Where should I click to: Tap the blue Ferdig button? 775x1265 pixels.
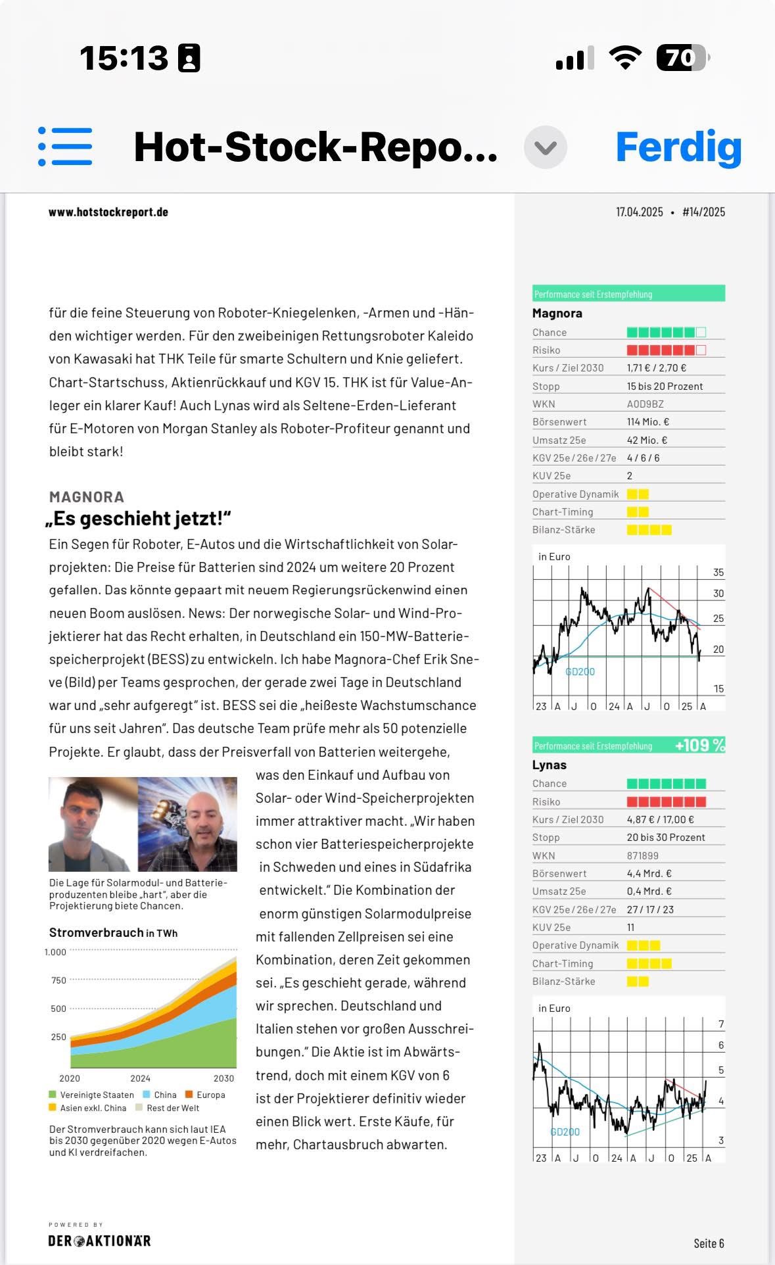(x=678, y=147)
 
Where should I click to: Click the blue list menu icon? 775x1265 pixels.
(x=65, y=146)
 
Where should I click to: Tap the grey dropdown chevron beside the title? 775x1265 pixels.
(x=546, y=147)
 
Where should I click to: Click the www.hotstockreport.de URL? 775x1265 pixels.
(x=108, y=212)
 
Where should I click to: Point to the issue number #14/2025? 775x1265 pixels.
(x=703, y=212)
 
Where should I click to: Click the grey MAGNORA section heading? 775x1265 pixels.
(x=86, y=497)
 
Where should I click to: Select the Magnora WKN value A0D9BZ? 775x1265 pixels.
(x=645, y=404)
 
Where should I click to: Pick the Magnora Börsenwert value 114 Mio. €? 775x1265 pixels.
(x=647, y=422)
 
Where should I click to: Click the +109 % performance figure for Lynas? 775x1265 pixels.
(x=699, y=745)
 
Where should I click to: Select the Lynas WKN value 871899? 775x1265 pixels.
(x=642, y=855)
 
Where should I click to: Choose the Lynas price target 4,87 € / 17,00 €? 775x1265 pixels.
(x=660, y=820)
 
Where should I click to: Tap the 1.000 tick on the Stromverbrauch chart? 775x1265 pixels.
(x=55, y=952)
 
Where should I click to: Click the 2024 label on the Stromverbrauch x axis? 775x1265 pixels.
(x=140, y=1078)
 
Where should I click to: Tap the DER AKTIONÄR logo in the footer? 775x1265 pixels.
(x=99, y=1241)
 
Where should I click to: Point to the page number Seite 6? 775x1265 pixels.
(x=709, y=1243)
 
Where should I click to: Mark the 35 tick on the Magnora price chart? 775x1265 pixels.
(x=718, y=573)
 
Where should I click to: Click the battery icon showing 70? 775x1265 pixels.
(x=682, y=59)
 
